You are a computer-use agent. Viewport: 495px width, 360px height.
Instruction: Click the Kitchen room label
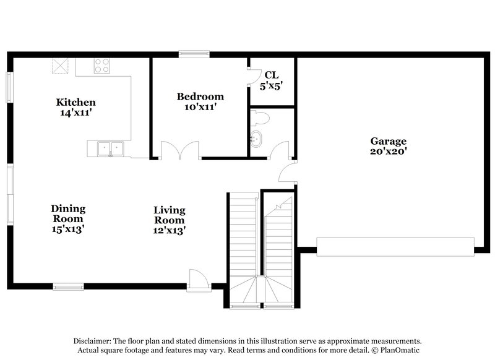[x=76, y=102]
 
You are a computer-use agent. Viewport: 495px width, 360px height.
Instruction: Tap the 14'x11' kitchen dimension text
[x=76, y=113]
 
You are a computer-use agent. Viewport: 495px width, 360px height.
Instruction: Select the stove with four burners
[x=102, y=65]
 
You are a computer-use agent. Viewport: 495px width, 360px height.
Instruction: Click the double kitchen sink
[x=110, y=148]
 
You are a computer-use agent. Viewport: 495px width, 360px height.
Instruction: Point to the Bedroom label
[x=200, y=96]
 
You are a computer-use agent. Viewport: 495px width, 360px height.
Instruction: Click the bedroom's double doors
[x=180, y=151]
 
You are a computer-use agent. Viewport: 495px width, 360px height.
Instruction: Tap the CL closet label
[x=271, y=75]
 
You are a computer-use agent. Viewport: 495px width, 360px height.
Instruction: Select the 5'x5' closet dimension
[x=271, y=87]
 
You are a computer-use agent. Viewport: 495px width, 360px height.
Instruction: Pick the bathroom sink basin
[x=256, y=139]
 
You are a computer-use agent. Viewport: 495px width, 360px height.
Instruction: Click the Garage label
[x=389, y=140]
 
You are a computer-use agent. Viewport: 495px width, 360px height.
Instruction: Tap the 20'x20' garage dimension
[x=389, y=151]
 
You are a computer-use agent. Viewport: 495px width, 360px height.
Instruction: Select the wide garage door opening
[x=395, y=246]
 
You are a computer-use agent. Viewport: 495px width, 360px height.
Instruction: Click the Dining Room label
[x=68, y=213]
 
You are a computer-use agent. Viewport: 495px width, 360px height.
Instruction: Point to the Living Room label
[x=169, y=215]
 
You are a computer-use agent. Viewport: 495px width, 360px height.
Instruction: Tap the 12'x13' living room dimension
[x=169, y=231]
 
